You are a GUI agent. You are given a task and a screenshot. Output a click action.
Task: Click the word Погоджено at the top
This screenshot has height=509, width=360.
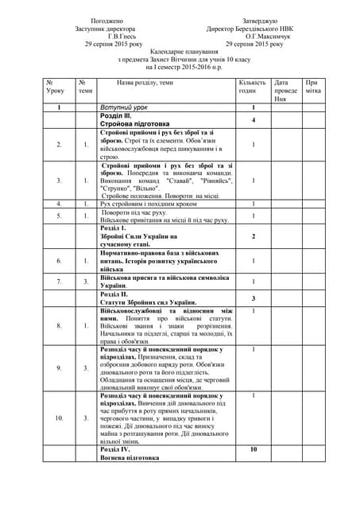click(x=107, y=20)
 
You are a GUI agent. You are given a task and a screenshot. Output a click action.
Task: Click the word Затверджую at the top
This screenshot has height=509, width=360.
click(x=260, y=20)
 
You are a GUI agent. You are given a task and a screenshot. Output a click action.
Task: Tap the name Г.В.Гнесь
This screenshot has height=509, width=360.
click(x=107, y=36)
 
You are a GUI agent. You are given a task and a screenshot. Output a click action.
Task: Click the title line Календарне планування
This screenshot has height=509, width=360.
click(x=182, y=52)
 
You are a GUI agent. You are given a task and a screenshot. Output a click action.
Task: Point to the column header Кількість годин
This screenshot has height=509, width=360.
click(x=252, y=87)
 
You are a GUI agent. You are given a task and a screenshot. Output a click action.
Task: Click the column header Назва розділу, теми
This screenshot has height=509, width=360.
click(x=145, y=82)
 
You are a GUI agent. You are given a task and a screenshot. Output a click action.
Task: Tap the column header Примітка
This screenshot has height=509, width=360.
click(x=314, y=87)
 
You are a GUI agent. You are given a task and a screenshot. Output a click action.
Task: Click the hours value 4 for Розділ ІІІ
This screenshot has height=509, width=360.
click(x=253, y=120)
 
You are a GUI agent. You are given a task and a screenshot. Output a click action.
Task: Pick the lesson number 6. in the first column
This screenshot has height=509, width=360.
click(x=59, y=260)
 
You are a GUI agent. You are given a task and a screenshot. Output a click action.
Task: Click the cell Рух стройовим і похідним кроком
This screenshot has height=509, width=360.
click(x=148, y=204)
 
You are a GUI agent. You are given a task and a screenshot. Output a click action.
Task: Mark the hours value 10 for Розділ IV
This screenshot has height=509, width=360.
click(x=253, y=450)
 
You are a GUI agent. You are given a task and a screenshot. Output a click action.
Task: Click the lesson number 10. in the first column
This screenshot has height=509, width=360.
click(x=59, y=418)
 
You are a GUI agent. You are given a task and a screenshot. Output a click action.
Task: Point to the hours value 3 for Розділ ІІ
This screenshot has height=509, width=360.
click(x=253, y=298)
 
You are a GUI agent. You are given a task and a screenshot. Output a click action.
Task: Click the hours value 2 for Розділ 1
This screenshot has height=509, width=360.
click(x=253, y=236)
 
